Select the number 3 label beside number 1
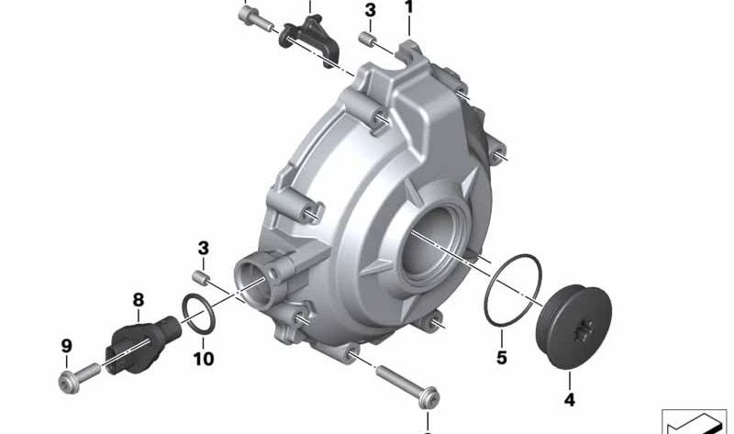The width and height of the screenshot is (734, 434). [x=370, y=11]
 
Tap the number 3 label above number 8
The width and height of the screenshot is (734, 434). [x=204, y=249]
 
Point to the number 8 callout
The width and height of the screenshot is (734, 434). [x=138, y=299]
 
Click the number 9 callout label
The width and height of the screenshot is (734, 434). [x=66, y=346]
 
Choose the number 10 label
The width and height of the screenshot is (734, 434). [x=204, y=359]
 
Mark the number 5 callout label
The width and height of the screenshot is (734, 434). [x=502, y=357]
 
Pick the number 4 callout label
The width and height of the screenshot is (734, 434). [x=569, y=399]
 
